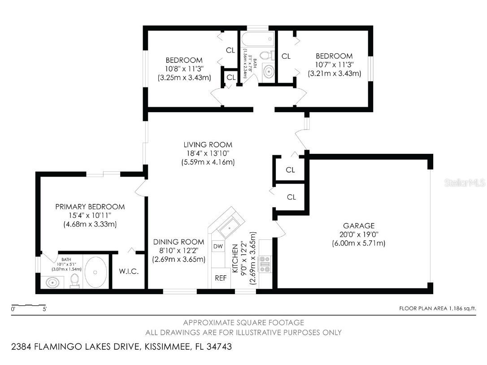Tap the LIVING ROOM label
click(208, 144)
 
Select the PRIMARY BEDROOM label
click(90, 207)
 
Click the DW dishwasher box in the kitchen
click(218, 246)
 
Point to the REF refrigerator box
click(220, 278)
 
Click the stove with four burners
click(265, 264)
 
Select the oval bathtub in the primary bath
click(96, 272)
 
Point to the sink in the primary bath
click(52, 282)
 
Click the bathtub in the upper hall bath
click(258, 39)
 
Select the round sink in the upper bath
click(268, 72)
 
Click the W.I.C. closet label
click(128, 272)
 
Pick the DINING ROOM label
click(178, 242)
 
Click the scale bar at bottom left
click(29, 307)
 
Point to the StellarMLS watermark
click(464, 183)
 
